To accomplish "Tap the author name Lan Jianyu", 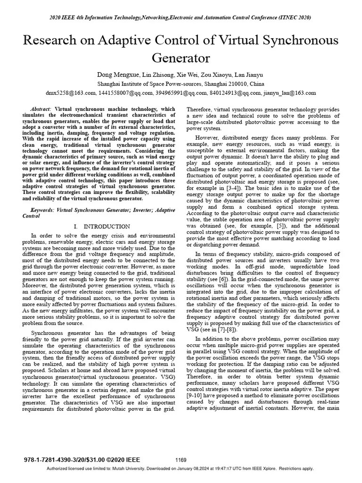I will [248, 75].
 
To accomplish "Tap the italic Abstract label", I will [41, 109].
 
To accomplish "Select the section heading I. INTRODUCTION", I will [102, 226].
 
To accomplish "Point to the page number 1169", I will [181, 460].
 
